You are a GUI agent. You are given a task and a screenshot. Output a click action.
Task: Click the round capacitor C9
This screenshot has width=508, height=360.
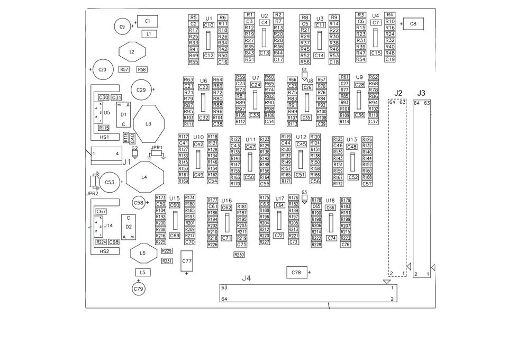click(x=122, y=26)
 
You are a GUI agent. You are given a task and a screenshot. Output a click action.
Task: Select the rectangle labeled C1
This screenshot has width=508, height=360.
click(x=148, y=21)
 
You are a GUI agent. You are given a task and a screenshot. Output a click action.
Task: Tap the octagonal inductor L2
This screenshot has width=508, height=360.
click(x=132, y=52)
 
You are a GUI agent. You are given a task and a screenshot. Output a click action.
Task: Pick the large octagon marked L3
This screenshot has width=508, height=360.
click(x=149, y=124)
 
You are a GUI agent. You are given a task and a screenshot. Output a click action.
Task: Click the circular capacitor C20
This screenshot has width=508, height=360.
click(x=102, y=69)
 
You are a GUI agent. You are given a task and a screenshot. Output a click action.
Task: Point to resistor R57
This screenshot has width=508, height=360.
click(x=124, y=69)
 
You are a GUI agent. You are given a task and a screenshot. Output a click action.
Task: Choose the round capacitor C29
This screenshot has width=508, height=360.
click(x=141, y=90)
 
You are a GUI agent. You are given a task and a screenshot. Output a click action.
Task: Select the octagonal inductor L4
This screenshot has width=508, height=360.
click(x=144, y=177)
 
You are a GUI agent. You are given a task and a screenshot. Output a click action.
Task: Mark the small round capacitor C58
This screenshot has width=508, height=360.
click(x=139, y=202)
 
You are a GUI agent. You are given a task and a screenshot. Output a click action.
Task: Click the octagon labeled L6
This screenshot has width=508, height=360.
click(x=142, y=254)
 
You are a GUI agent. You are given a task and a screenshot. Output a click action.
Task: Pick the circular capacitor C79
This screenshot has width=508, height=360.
click(x=139, y=289)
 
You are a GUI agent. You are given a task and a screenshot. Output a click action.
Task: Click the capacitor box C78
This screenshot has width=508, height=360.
click(x=296, y=273)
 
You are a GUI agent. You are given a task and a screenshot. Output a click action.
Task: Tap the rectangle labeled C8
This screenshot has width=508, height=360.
click(x=413, y=24)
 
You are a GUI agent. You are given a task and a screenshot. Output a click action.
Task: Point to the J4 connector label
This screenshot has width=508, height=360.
click(x=247, y=278)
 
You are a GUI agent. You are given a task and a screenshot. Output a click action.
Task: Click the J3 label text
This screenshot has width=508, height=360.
click(x=422, y=93)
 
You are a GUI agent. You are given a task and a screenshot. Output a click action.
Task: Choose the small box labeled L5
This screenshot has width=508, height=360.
click(x=142, y=272)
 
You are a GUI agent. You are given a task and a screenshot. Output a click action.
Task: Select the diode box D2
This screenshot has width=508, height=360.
click(x=129, y=227)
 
